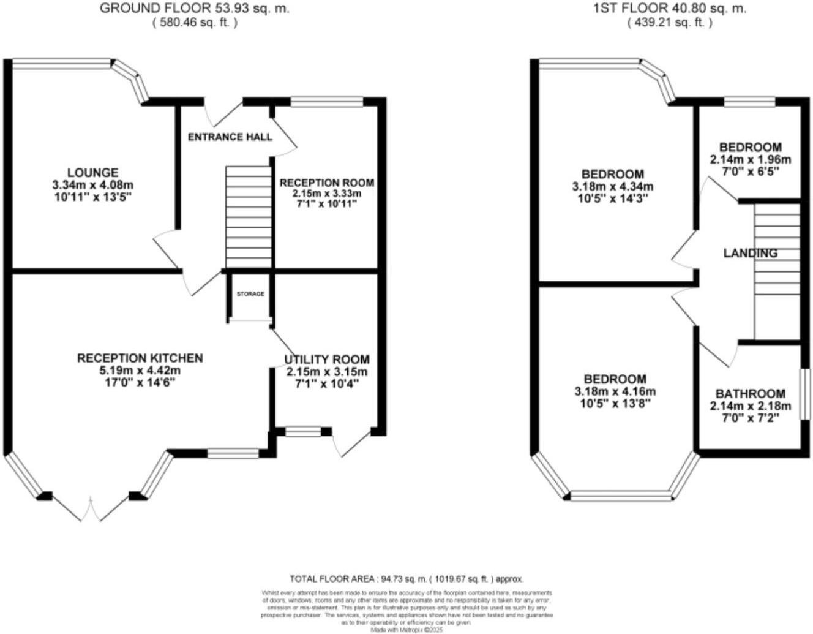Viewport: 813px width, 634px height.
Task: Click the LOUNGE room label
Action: tap(92, 173)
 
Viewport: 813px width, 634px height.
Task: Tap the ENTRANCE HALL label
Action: tap(230, 137)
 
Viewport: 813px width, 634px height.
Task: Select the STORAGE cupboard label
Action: tap(250, 294)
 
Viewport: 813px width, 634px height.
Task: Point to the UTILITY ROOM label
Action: tap(326, 360)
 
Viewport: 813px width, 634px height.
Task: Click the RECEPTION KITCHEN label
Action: tap(140, 358)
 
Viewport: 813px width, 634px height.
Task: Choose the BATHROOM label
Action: tap(750, 393)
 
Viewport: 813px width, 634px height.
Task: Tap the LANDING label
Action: tap(750, 253)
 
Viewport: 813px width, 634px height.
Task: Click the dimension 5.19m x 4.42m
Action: tap(140, 371)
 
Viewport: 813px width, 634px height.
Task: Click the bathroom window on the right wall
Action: tap(807, 394)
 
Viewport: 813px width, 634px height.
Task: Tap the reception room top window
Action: tap(326, 102)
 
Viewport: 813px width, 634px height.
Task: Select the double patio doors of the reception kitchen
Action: tap(91, 508)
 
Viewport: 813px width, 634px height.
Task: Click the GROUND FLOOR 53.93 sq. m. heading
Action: tap(194, 9)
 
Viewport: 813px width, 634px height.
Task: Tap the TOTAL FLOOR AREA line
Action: tap(406, 579)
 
